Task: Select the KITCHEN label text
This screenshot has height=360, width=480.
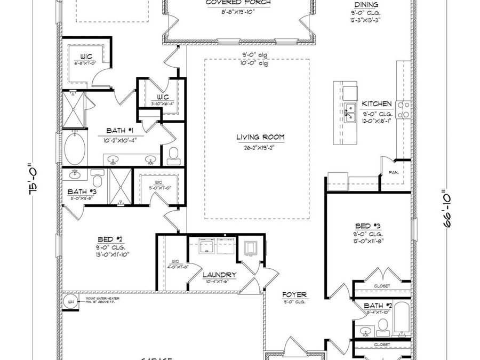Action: tap(377, 104)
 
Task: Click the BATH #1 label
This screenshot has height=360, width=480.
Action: tap(116, 131)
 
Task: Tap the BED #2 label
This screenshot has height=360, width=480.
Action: tap(110, 239)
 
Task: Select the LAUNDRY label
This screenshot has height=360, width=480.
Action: tap(219, 275)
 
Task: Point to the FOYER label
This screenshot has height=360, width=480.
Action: tap(295, 294)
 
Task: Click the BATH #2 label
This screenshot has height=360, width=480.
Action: tap(377, 306)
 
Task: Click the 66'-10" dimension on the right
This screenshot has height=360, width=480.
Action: tap(446, 208)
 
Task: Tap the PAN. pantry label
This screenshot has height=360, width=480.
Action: tap(394, 172)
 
